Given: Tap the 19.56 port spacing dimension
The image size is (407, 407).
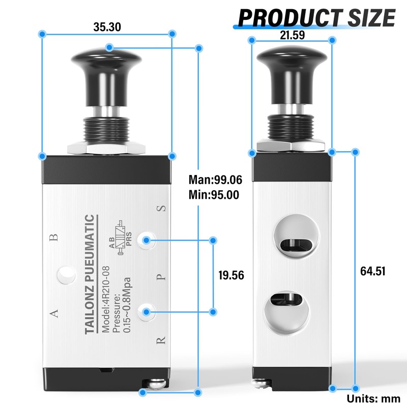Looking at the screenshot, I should point(231,275).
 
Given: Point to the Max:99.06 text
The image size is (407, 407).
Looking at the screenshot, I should point(215,180).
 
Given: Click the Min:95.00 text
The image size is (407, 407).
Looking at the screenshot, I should point(214,194).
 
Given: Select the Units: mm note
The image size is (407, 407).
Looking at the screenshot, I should point(374,398).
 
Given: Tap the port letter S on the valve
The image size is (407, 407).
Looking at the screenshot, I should point(161,209).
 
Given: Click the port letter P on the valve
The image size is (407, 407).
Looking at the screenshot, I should point(161,277).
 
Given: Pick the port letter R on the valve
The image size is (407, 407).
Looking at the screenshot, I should point(161,340).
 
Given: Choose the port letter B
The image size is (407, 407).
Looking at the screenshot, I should point(55,237).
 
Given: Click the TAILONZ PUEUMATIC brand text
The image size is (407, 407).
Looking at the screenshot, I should point(90,275).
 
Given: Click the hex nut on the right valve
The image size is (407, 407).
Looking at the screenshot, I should point(292,146).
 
